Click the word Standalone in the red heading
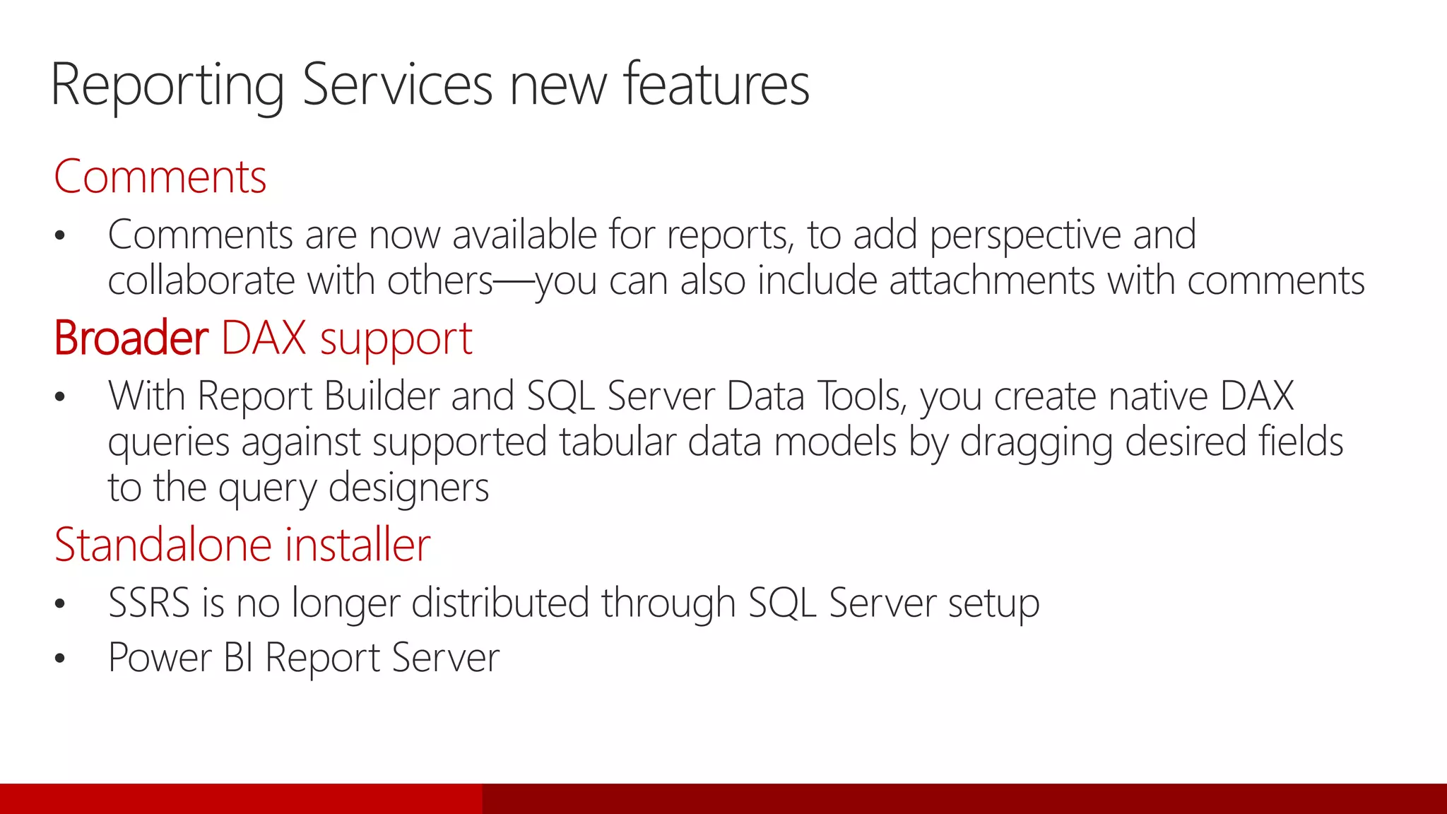pos(163,545)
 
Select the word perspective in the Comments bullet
pos(1025,236)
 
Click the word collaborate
pos(201,281)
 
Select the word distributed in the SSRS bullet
pos(500,603)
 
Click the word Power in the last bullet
pos(160,658)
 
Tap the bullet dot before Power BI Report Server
pos(60,659)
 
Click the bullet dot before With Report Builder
pos(60,396)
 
